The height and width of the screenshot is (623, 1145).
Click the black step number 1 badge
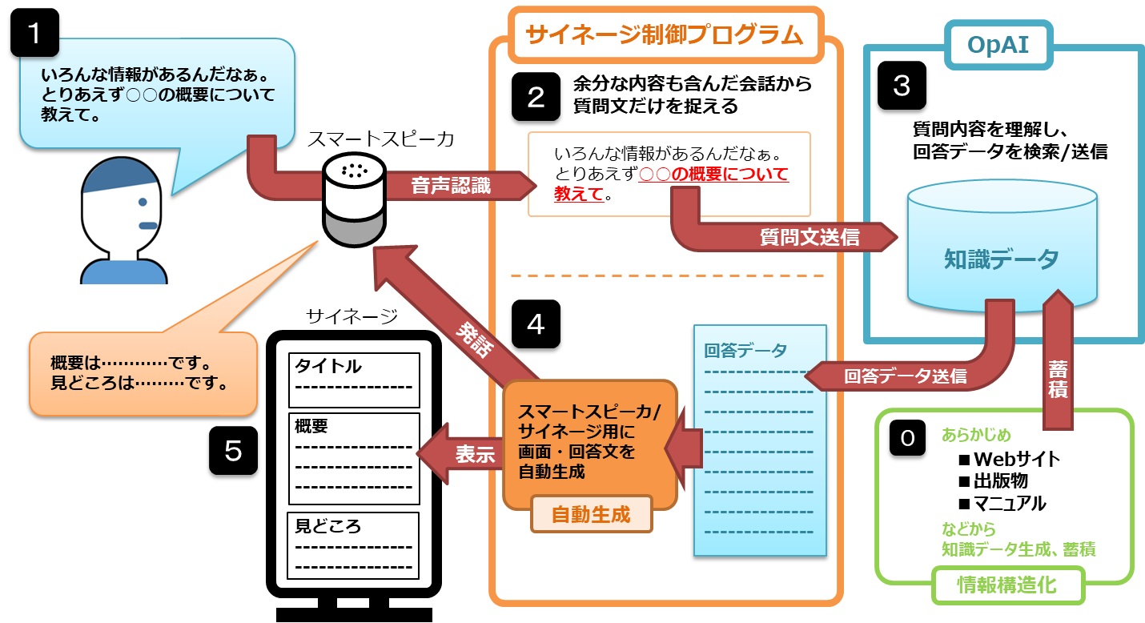(x=34, y=33)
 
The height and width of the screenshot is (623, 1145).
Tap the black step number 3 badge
(x=902, y=86)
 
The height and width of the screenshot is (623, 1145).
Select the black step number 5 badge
(x=233, y=452)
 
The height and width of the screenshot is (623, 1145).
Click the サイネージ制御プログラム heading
(x=664, y=34)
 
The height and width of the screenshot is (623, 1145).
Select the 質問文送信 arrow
(x=809, y=236)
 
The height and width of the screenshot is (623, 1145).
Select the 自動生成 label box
(x=591, y=513)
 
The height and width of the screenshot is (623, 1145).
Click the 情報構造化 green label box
(x=1006, y=585)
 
